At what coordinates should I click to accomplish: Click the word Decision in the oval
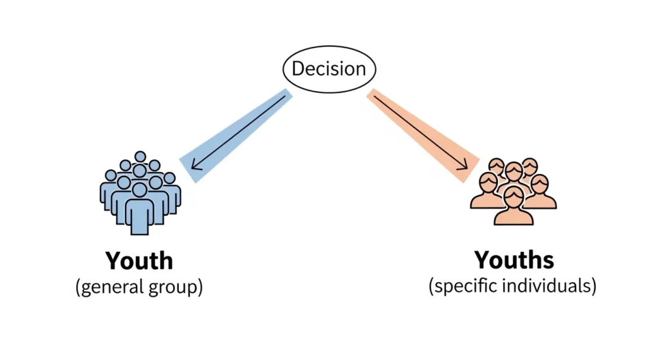tap(329, 69)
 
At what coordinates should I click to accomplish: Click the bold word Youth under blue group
tap(139, 261)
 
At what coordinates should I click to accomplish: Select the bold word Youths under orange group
tap(514, 260)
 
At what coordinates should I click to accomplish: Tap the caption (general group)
tap(139, 287)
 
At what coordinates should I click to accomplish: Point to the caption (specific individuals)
tap(512, 286)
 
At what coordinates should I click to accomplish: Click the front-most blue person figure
tap(140, 209)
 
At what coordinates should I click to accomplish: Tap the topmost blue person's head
tap(140, 156)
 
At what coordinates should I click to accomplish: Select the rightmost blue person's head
tap(169, 178)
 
